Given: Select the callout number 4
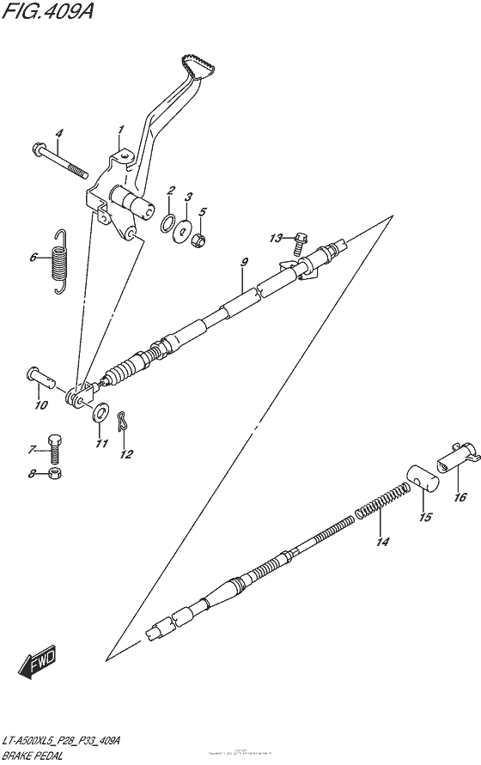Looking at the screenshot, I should [x=59, y=133].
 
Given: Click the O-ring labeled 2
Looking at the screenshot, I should [x=166, y=223].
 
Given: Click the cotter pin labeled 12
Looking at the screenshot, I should [x=124, y=421].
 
